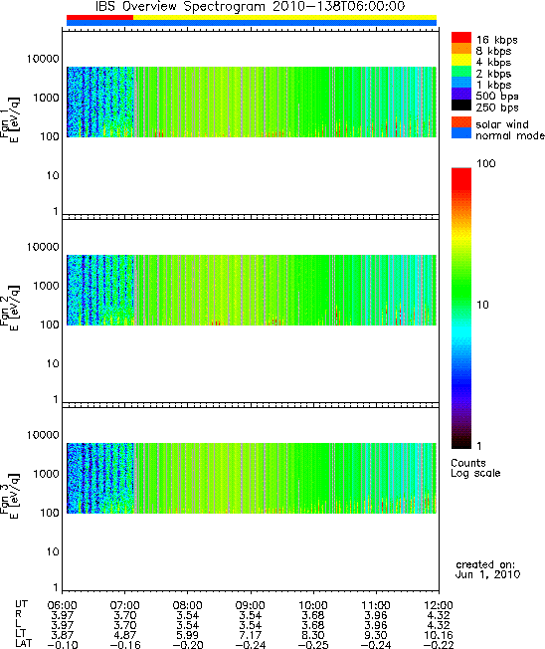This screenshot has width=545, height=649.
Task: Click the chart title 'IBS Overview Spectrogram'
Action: (x=181, y=7)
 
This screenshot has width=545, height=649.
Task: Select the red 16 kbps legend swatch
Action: (x=461, y=37)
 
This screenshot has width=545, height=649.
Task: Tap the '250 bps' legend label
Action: (x=496, y=108)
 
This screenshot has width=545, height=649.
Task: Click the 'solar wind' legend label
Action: (x=502, y=124)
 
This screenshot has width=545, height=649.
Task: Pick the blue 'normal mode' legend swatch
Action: (x=461, y=133)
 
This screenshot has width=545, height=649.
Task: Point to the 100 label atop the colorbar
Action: (x=486, y=163)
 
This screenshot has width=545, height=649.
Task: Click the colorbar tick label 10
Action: (x=482, y=305)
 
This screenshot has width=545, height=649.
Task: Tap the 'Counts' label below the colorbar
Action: (x=468, y=463)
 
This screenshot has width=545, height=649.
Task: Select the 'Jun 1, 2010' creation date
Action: (x=487, y=574)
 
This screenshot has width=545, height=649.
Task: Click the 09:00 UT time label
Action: (x=251, y=605)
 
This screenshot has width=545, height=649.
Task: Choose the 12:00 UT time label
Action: (x=439, y=605)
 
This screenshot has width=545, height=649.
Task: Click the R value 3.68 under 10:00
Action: (x=313, y=615)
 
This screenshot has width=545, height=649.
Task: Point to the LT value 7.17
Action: (x=251, y=635)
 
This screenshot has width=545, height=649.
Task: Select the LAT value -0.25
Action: (x=313, y=645)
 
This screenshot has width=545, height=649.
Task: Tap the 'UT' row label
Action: (x=21, y=604)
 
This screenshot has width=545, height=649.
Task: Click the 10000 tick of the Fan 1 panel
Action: (x=43, y=59)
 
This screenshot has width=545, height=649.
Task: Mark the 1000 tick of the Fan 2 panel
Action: (x=47, y=286)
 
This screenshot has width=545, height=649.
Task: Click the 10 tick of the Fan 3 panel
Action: (x=53, y=551)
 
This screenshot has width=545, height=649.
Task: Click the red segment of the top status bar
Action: (x=99, y=17)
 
